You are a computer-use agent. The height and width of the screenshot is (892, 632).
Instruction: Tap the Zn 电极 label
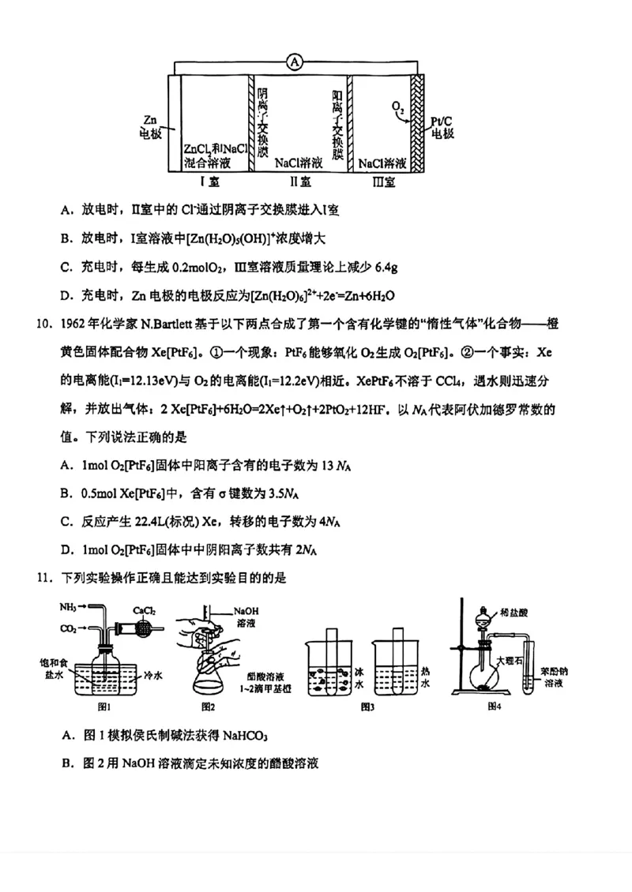[x=150, y=127]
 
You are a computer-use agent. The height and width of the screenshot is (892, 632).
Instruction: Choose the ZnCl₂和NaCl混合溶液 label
[x=215, y=156]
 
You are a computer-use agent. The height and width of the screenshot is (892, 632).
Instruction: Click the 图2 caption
[x=209, y=706]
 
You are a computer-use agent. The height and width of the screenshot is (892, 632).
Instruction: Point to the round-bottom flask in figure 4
[x=483, y=674]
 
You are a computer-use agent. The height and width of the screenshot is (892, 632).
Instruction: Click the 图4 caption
[x=495, y=705]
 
